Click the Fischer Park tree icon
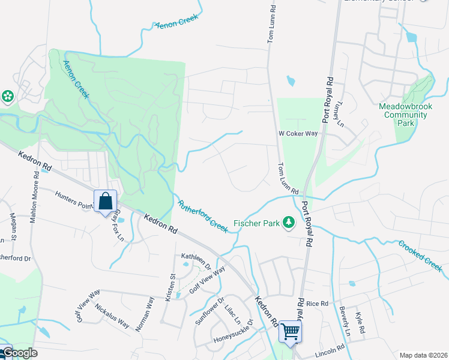pos(289,223)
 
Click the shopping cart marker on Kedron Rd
pos(291,331)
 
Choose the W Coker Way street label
pos(297,134)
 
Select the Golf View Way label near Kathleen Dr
pos(207,279)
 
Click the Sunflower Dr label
pos(209,311)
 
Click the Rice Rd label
pos(318,304)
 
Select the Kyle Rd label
pos(360,323)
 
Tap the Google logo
pos(19,353)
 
